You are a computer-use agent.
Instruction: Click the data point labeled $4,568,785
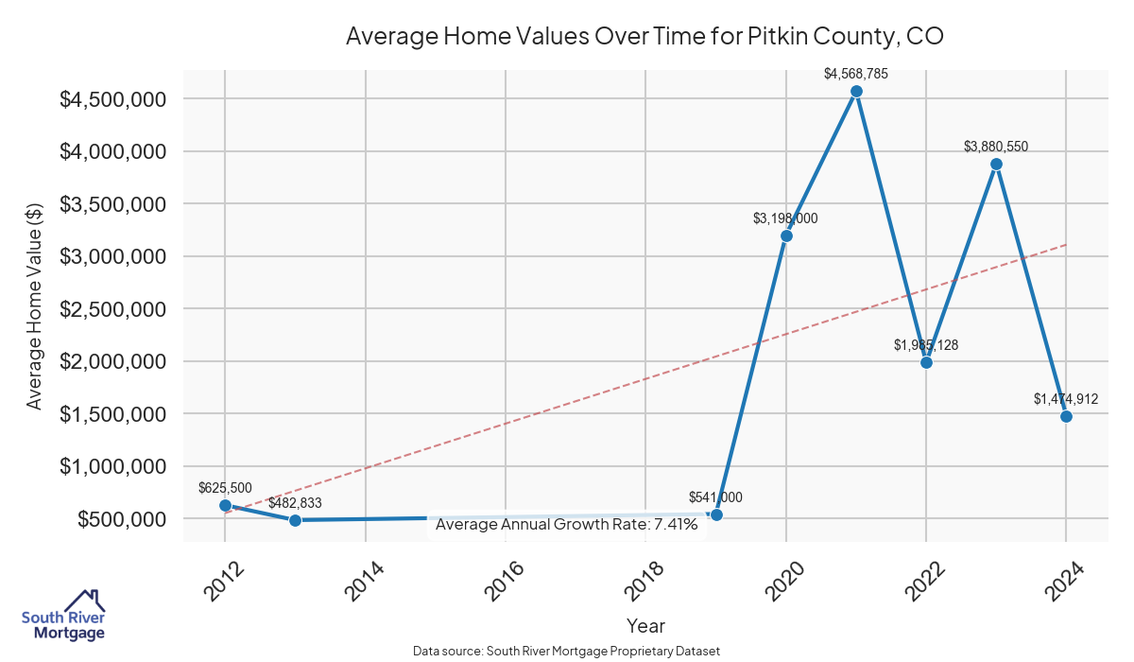856,92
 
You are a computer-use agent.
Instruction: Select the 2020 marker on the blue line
786,235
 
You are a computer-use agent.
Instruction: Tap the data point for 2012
225,505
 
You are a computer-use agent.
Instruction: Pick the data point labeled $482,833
295,520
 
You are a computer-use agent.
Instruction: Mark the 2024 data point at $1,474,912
1066,416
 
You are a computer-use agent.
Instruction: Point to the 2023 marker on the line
996,164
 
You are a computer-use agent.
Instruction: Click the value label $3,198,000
785,218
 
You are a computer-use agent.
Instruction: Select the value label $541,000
715,497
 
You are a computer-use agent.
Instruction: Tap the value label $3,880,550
996,147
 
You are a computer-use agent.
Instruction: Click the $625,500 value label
225,488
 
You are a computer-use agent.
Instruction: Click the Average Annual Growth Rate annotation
567,525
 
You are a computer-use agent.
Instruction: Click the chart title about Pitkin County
645,36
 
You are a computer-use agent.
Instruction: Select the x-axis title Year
645,626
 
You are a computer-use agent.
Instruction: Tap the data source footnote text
567,652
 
